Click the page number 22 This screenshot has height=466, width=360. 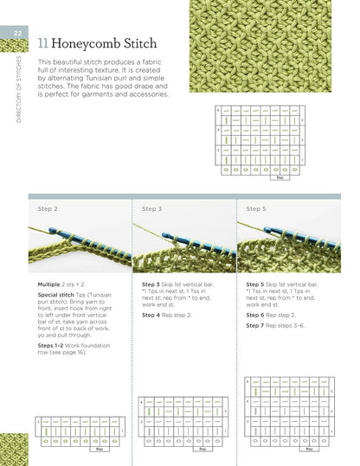[x=16, y=33]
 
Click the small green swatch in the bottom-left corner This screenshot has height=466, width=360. [x=15, y=450]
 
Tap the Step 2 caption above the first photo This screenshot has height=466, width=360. [x=48, y=208]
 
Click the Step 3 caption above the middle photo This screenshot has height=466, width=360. [x=151, y=208]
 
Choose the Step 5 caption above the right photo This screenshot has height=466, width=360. [x=255, y=208]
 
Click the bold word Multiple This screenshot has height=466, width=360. [x=49, y=284]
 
